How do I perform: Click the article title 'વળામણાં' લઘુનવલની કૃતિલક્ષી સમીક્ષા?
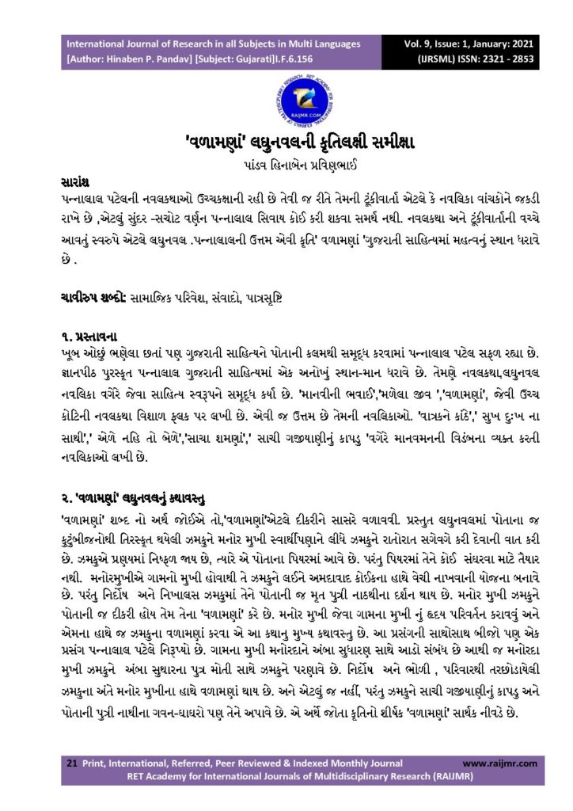(x=286, y=147)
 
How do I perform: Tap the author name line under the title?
(x=286, y=167)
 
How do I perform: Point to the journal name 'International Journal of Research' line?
(x=214, y=44)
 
